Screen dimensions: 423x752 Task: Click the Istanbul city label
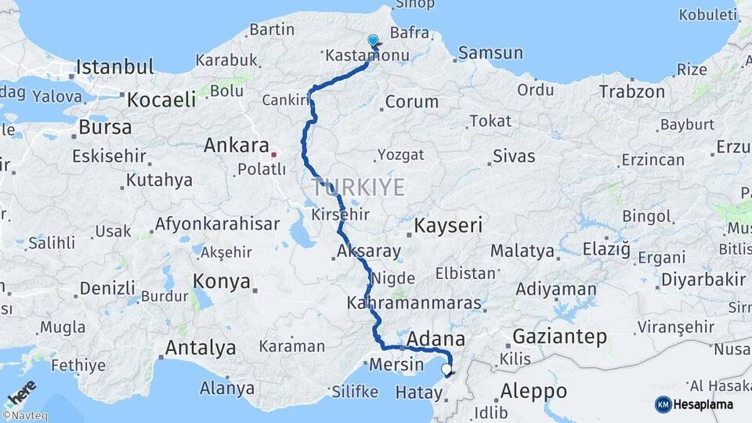point(114,67)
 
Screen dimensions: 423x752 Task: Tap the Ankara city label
point(236,146)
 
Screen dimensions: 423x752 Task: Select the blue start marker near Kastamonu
point(373,40)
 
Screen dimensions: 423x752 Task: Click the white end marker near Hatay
point(446,369)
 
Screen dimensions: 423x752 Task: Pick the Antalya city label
point(200,347)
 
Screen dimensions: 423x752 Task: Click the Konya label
point(222,281)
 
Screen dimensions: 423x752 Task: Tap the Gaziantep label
point(559,337)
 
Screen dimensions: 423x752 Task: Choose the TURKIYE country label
point(358,187)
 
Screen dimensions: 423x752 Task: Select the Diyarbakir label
point(703,280)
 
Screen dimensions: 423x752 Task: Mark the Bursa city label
point(104,127)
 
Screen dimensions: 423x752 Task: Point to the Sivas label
point(514,157)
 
